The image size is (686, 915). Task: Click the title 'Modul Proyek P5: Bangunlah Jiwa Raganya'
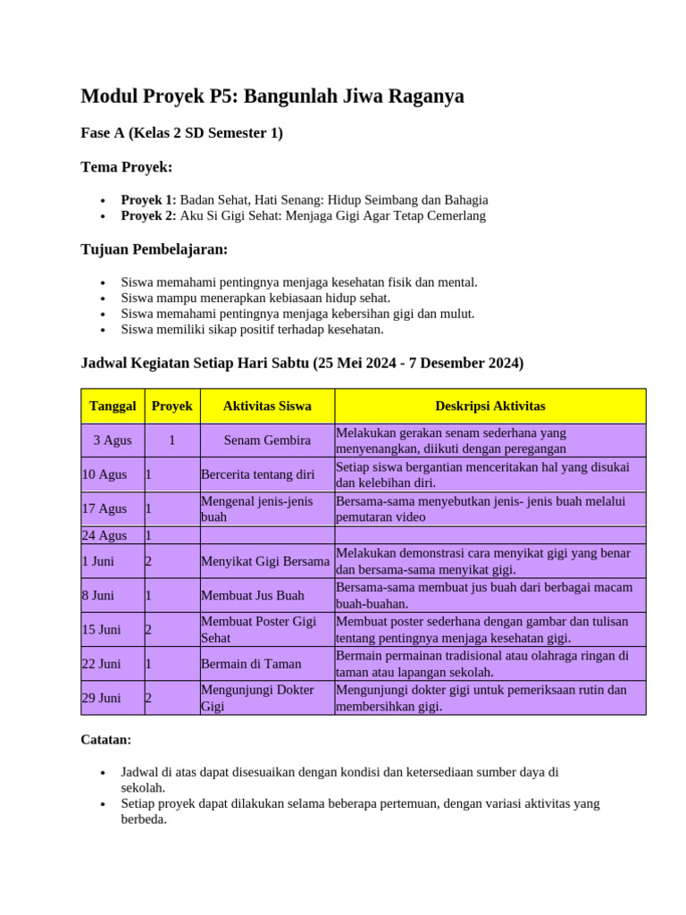click(x=272, y=96)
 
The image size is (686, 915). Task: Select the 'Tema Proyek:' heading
click(x=126, y=167)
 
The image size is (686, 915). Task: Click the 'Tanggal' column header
click(x=113, y=406)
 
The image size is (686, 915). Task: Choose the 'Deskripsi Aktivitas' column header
click(x=489, y=406)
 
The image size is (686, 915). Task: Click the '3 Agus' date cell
click(x=113, y=440)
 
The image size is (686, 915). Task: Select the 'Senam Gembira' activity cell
click(x=267, y=440)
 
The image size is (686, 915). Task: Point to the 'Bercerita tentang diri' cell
click(x=258, y=474)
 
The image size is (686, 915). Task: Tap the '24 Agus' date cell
click(x=105, y=535)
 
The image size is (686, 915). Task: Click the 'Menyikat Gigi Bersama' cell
click(x=265, y=561)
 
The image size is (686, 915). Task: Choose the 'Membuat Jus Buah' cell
click(x=253, y=595)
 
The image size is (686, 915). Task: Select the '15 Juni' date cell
click(x=102, y=629)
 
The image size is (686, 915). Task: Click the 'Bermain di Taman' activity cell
click(x=251, y=664)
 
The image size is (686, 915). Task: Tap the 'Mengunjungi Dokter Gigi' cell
click(x=257, y=698)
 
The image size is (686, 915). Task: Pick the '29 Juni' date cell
click(x=102, y=698)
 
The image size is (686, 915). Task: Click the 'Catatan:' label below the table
click(x=106, y=740)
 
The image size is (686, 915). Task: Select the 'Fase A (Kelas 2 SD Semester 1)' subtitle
click(x=181, y=133)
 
